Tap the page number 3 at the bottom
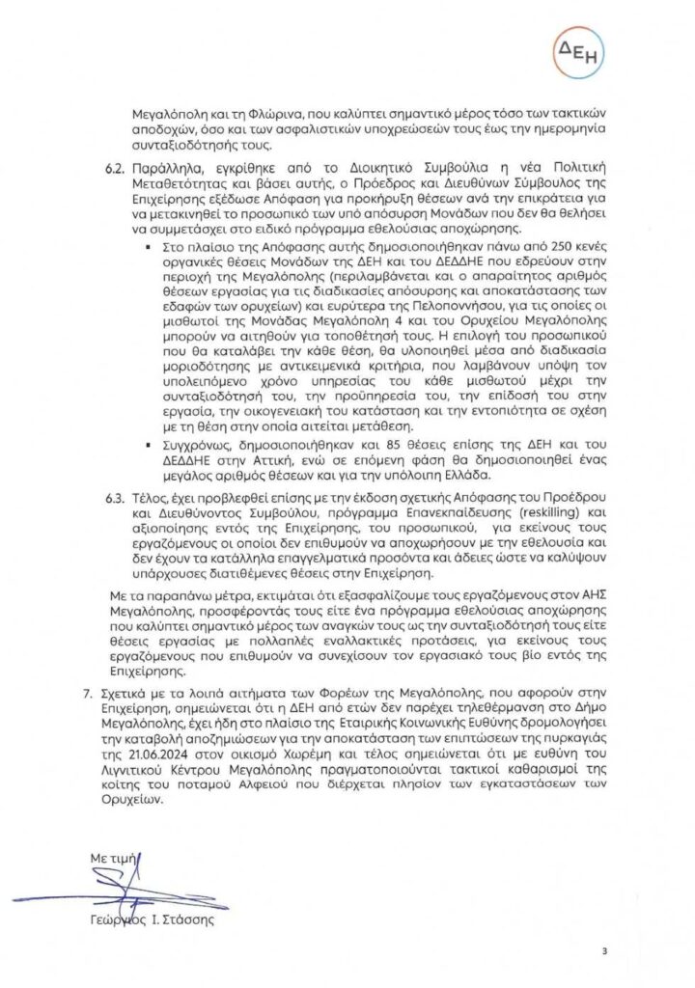pyautogui.click(x=604, y=951)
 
